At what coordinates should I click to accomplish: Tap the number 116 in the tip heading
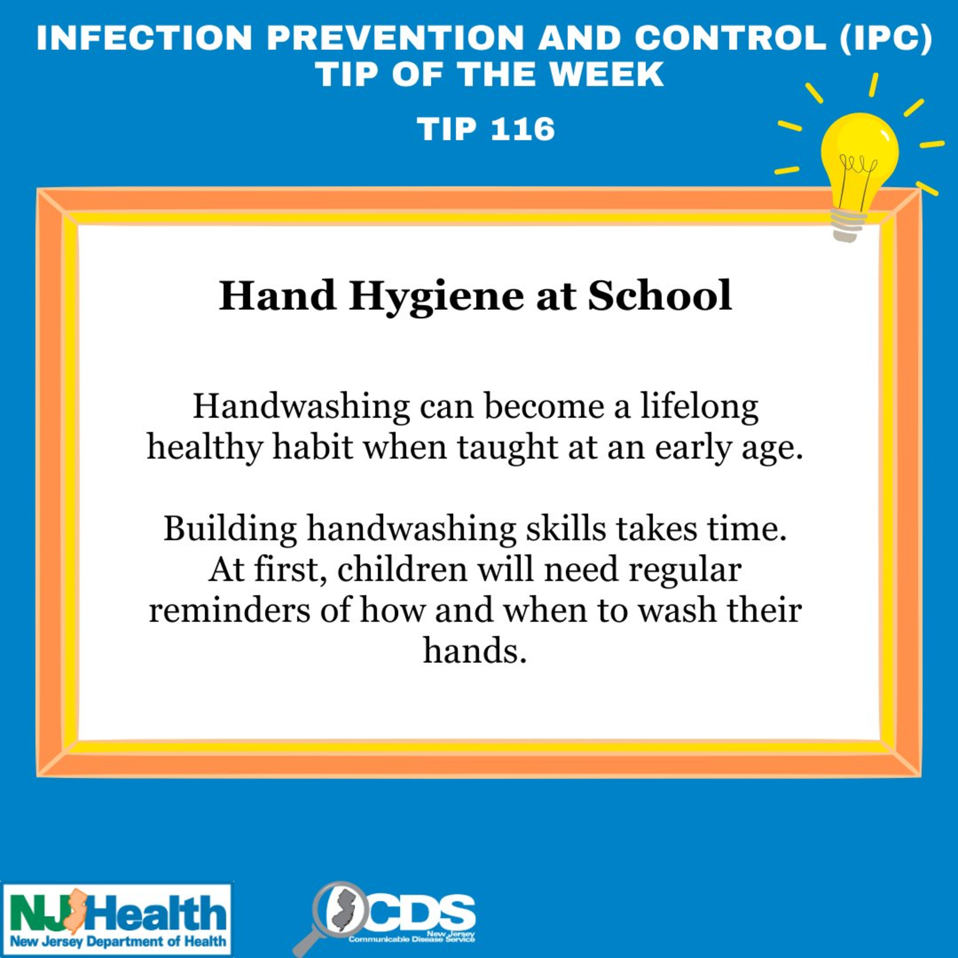coord(523,129)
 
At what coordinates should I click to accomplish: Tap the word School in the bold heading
coord(660,295)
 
